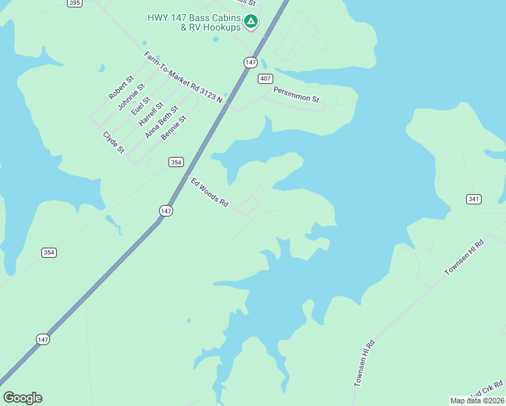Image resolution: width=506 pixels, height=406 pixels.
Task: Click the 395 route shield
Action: (x=75, y=3)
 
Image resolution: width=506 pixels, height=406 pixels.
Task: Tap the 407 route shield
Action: (x=265, y=79)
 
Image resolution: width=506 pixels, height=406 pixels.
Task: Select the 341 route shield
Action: (x=474, y=199)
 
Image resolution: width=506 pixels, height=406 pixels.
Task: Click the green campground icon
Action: (x=251, y=22)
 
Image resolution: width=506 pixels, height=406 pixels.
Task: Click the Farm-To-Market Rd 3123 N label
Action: (x=183, y=77)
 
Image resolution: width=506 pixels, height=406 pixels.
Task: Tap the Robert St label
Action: (x=120, y=88)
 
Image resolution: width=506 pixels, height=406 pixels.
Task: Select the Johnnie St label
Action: (x=131, y=96)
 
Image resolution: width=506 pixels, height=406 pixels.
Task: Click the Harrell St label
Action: (x=150, y=114)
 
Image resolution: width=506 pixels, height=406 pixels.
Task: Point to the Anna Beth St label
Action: (x=161, y=122)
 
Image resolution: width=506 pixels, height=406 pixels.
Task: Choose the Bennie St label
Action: (x=173, y=128)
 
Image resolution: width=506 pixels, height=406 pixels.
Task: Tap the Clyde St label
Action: (x=113, y=142)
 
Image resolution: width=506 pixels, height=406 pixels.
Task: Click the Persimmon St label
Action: (x=296, y=94)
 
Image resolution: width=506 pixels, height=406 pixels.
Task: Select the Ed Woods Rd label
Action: (x=210, y=192)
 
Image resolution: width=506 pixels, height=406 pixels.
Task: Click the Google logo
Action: (x=22, y=398)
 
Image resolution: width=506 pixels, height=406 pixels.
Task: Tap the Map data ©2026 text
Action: (x=477, y=401)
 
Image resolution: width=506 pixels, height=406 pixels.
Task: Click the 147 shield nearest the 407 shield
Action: (x=250, y=62)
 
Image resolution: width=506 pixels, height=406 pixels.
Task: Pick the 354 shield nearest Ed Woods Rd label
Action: (x=176, y=162)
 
